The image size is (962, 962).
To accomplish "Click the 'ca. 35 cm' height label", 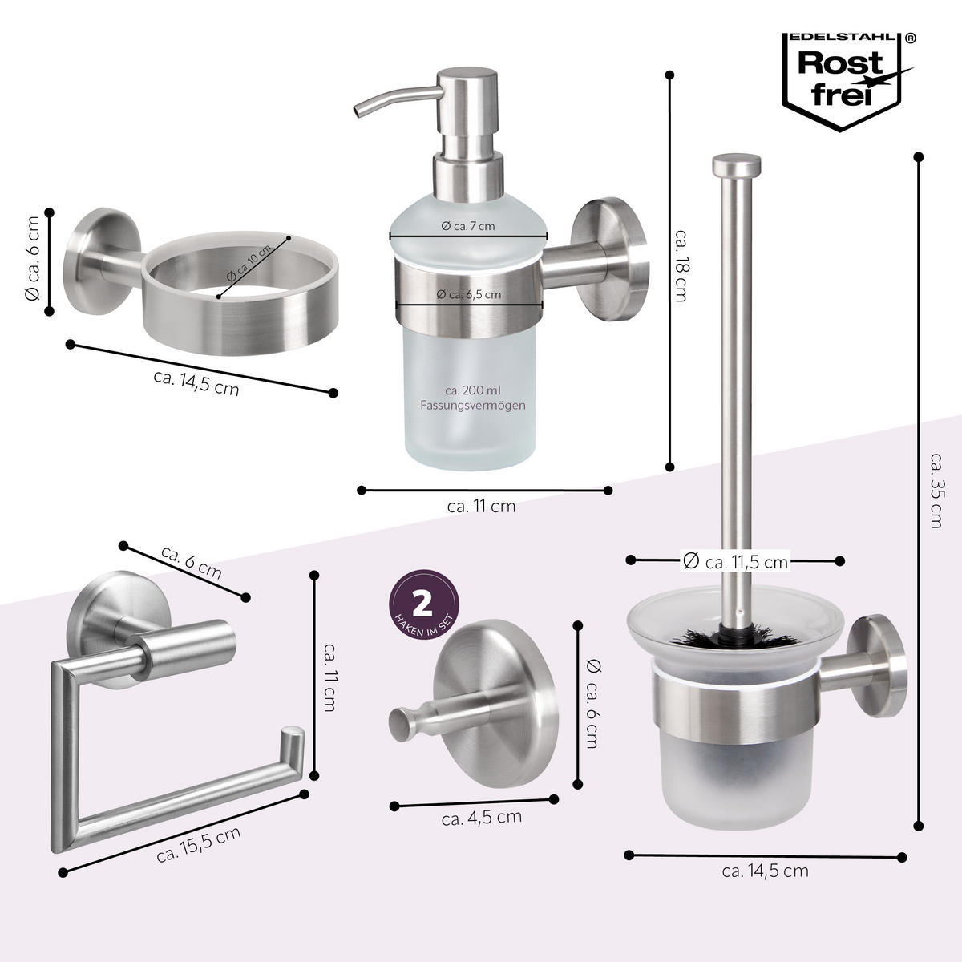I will [935, 490].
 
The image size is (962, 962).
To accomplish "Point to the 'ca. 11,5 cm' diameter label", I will [735, 561].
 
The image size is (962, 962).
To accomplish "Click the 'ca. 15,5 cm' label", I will [199, 844].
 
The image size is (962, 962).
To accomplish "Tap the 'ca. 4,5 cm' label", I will [481, 817].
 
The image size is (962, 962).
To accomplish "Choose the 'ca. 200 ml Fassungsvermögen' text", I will [473, 398].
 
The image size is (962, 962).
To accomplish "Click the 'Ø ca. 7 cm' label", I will [468, 226].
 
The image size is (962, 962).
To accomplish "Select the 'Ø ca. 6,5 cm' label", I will [469, 294].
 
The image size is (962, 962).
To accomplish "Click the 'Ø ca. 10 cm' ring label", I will [250, 263].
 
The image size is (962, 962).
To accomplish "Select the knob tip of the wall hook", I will [398, 723].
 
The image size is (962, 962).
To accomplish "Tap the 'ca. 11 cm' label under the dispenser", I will [481, 506].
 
